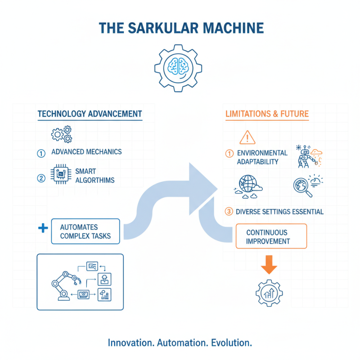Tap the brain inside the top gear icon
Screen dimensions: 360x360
[180, 66]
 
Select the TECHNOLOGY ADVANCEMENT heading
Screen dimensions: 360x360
[90, 113]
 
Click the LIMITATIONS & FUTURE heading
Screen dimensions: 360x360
[267, 113]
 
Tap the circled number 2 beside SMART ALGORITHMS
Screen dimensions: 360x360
[41, 178]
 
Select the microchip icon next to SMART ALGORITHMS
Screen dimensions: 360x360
[61, 175]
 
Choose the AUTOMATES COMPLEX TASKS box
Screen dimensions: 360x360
[85, 231]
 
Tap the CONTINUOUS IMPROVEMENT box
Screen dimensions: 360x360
[271, 237]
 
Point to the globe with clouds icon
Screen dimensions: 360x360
[246, 185]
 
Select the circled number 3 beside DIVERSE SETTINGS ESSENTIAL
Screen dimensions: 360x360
[229, 211]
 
